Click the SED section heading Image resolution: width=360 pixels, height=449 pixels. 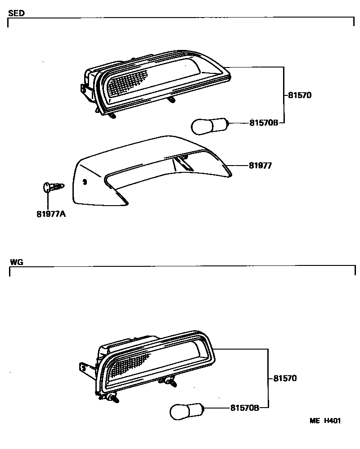(x=16, y=13)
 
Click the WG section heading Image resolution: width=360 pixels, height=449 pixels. (x=16, y=261)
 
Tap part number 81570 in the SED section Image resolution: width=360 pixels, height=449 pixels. (x=299, y=95)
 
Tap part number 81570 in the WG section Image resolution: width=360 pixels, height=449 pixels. (x=285, y=379)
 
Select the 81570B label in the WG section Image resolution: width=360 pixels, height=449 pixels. (x=245, y=408)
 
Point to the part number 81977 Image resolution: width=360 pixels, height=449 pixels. (x=261, y=166)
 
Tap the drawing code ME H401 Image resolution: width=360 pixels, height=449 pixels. (x=324, y=421)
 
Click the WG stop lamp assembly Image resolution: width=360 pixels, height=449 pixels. (x=153, y=367)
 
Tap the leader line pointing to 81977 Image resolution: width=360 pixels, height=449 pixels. (x=238, y=166)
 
